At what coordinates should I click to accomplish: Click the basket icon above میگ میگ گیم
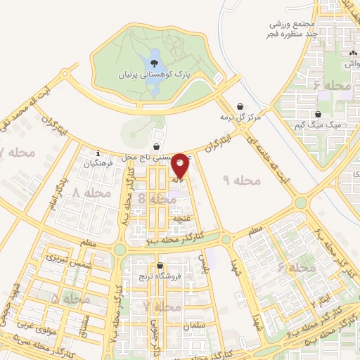[x=318, y=114]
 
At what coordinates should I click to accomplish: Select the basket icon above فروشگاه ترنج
[x=161, y=266]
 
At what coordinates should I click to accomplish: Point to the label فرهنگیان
[x=98, y=163]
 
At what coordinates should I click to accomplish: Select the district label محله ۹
[x=241, y=181]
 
